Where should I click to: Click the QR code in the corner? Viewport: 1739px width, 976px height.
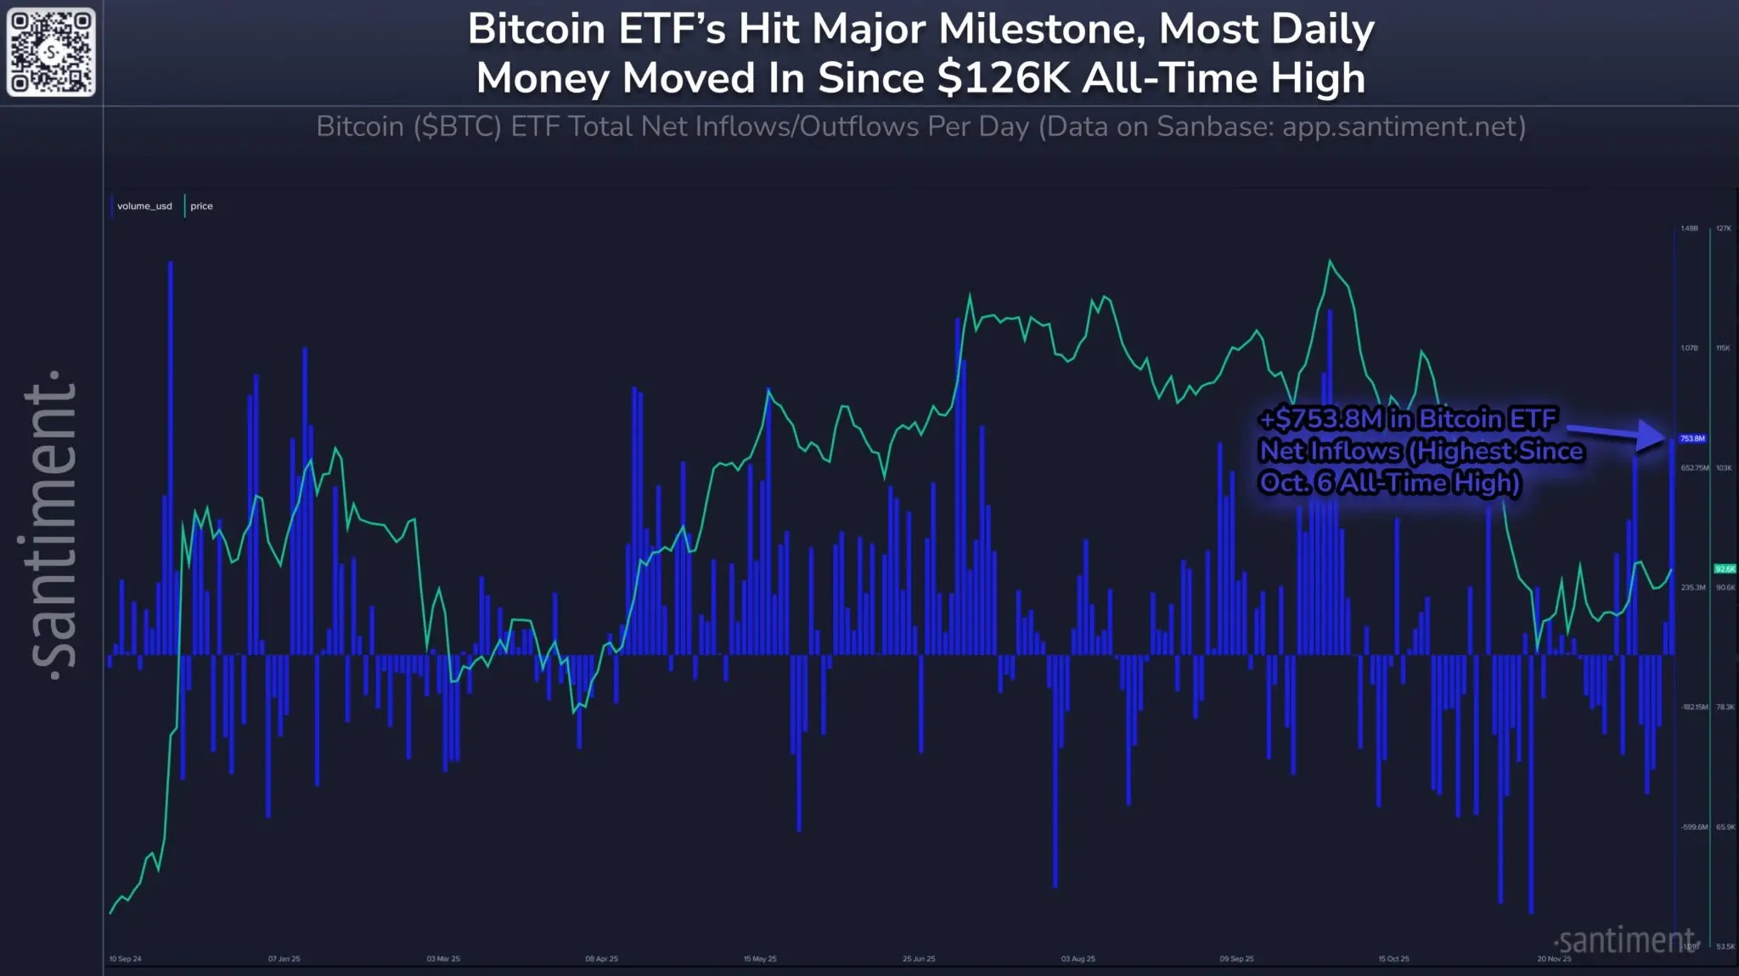[x=51, y=52]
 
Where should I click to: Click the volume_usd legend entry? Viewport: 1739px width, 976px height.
[x=144, y=206]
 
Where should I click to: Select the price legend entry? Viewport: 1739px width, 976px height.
[x=201, y=206]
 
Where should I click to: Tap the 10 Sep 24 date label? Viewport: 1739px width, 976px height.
[x=126, y=959]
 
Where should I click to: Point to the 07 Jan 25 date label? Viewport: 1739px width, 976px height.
[x=284, y=959]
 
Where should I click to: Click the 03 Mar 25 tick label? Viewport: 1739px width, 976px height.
[x=443, y=959]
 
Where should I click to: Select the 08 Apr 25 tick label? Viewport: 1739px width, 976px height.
[x=602, y=959]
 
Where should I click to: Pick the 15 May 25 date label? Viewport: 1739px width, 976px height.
[x=760, y=959]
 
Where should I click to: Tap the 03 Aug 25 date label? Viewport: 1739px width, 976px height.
[x=1078, y=959]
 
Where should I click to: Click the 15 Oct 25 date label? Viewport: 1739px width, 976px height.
[x=1394, y=959]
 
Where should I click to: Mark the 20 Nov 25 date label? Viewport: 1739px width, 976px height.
[x=1554, y=959]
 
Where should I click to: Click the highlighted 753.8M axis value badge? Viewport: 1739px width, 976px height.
[x=1692, y=439]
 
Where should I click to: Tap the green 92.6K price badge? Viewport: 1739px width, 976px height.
[x=1725, y=569]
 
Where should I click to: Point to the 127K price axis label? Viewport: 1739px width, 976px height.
[x=1724, y=228]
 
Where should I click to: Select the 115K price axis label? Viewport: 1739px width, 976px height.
[x=1724, y=348]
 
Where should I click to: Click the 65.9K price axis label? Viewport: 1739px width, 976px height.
[x=1725, y=827]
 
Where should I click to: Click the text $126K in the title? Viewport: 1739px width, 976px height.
[x=1006, y=79]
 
